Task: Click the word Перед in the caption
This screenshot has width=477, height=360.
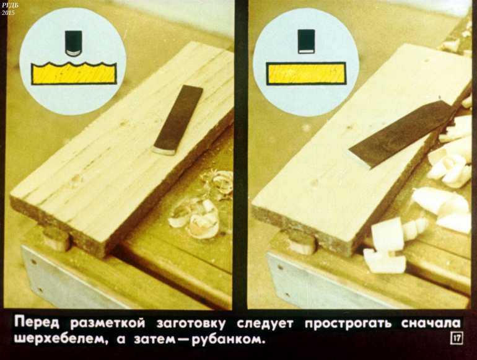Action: point(37,323)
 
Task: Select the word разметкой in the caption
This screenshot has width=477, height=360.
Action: point(108,323)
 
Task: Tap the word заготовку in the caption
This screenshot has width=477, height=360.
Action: point(191,324)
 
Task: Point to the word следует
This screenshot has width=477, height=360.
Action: point(265,323)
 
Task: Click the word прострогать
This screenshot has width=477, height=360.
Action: point(348,323)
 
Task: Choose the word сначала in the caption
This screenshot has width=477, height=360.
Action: point(431,323)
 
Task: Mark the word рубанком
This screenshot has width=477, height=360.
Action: point(227,339)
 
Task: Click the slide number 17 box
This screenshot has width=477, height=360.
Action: point(457,338)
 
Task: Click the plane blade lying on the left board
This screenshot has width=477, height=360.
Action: point(178,120)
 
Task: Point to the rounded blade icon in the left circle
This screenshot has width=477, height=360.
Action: point(74,43)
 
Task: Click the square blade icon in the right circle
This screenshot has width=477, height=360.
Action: point(306,42)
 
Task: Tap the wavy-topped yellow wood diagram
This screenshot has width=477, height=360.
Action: point(74,73)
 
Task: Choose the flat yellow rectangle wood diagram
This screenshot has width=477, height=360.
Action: point(306,73)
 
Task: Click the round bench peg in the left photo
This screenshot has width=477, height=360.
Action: point(57,239)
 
